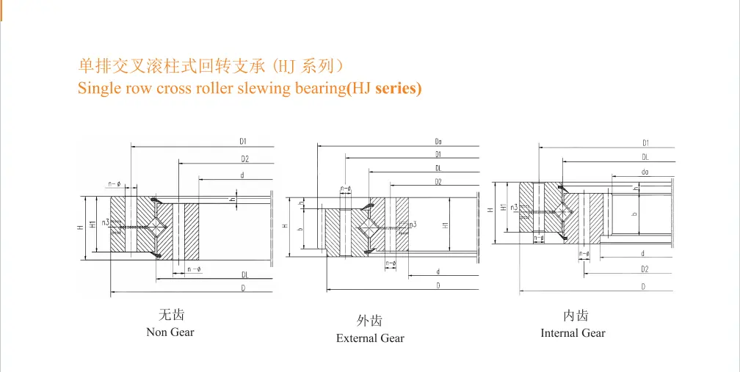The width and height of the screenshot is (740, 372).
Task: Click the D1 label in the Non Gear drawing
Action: tap(243, 141)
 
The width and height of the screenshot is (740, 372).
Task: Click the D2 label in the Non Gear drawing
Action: tap(244, 158)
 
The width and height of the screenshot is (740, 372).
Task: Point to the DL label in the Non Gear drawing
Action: tap(244, 274)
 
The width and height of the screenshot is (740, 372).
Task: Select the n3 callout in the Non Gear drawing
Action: tap(106, 222)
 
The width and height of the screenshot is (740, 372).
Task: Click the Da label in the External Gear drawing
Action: tap(438, 141)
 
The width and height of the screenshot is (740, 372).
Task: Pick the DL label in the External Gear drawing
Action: tap(438, 168)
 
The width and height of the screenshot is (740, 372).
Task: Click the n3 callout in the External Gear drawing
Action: tap(413, 225)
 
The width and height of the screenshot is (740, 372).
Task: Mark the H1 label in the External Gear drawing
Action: tap(446, 225)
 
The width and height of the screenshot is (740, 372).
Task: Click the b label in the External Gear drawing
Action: tap(300, 228)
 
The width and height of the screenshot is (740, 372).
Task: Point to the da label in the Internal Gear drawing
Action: tap(645, 172)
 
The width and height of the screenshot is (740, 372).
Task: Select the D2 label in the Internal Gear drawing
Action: tap(645, 269)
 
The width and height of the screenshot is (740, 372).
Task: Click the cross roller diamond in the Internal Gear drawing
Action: tap(563, 211)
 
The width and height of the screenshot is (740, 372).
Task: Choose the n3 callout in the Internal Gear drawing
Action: tap(514, 208)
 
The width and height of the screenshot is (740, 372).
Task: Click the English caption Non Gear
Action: tap(170, 332)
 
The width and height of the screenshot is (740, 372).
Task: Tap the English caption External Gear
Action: tap(370, 338)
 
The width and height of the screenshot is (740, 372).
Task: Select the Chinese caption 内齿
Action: tap(576, 316)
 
